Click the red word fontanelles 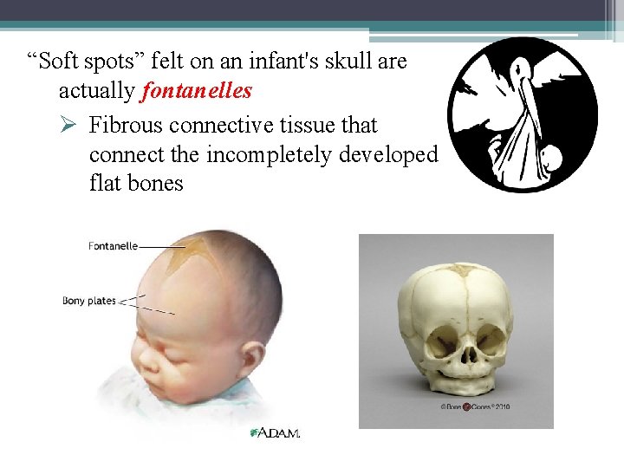tap(197, 91)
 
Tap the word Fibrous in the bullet tap(127, 126)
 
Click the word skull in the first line tap(346, 62)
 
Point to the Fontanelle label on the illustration tap(113, 246)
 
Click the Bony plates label tap(88, 301)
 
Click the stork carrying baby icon tap(522, 114)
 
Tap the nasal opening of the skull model tap(468, 353)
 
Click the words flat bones tap(136, 183)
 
